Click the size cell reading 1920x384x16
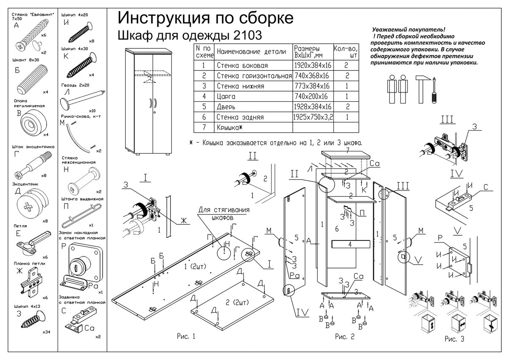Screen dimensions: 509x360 click(x=313, y=65)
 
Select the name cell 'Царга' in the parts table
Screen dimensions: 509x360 click(x=226, y=97)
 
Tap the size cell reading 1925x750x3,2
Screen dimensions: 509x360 click(x=313, y=117)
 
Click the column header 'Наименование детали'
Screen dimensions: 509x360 click(x=251, y=52)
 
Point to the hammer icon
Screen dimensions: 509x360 click(x=422, y=89)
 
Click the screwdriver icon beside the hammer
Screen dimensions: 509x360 click(x=434, y=90)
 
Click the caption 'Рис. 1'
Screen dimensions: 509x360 click(x=186, y=336)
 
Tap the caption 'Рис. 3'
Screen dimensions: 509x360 click(x=454, y=339)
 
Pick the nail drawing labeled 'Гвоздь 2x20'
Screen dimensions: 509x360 click(x=82, y=99)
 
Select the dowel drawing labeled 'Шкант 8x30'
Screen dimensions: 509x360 click(x=32, y=80)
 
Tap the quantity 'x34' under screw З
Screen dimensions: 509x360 click(x=46, y=332)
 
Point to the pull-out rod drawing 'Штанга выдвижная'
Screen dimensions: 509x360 click(x=81, y=215)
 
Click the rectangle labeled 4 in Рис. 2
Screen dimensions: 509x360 click(x=351, y=244)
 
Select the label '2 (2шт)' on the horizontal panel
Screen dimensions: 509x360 click(x=237, y=302)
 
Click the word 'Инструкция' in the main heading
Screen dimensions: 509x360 click(x=164, y=18)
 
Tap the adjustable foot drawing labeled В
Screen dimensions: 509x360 click(x=34, y=123)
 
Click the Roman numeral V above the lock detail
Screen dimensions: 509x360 click(x=457, y=231)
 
